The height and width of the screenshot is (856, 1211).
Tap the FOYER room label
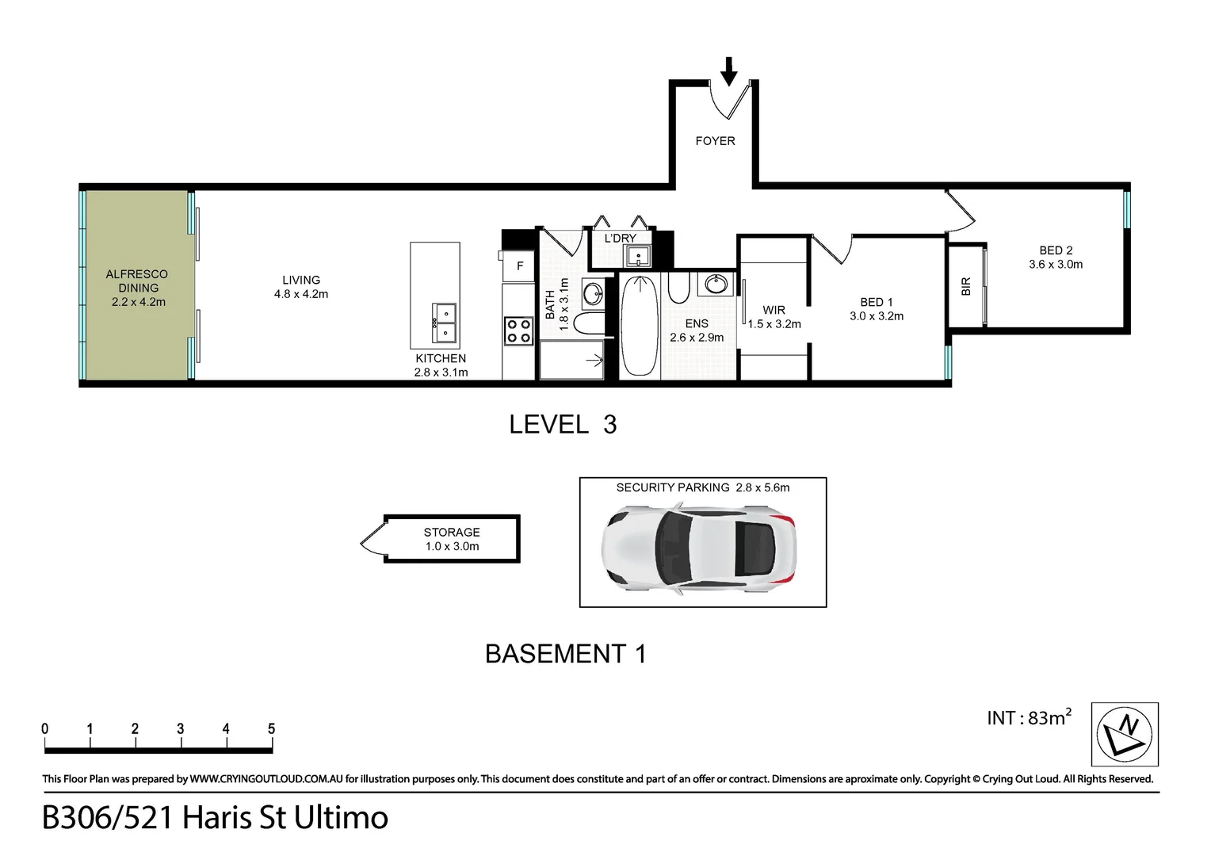pos(715,141)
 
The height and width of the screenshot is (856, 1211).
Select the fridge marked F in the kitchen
pos(520,266)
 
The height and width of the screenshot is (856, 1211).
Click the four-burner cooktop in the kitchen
pos(518,331)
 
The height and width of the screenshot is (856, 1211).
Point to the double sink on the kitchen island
pos(444,323)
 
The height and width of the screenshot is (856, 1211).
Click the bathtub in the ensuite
pos(639,325)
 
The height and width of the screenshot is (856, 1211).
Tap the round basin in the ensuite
pos(717,283)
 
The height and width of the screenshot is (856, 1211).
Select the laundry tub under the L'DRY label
pos(637,256)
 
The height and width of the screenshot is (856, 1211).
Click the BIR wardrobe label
pos(965,286)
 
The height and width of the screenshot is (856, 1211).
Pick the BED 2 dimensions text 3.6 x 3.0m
pos(1055,265)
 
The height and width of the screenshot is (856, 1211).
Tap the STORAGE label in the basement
pos(451,533)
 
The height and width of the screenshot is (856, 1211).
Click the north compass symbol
pos(1125,734)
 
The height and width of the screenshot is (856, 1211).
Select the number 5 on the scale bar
pos(271,729)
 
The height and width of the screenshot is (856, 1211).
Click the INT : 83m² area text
pos(1028,718)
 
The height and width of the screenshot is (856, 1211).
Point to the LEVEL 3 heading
pos(563,425)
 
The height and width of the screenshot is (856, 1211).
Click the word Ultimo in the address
pos(341,818)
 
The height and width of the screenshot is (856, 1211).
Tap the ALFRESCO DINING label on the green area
pos(137,281)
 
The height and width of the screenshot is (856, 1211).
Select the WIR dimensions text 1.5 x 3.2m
pos(774,324)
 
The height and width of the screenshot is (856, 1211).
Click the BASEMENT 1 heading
pos(565,654)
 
